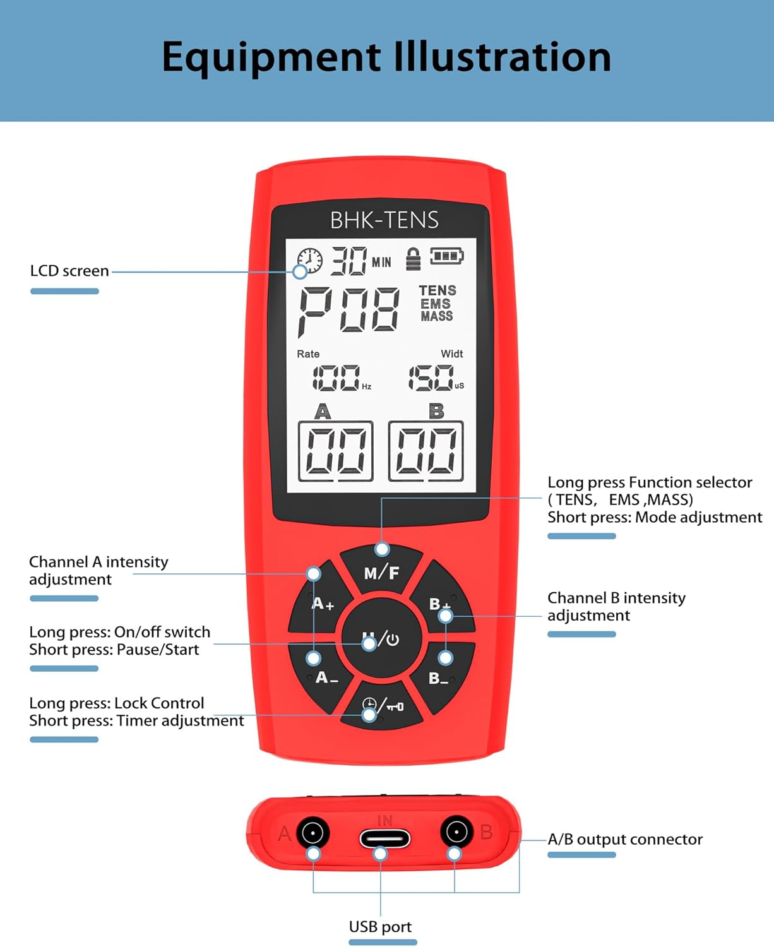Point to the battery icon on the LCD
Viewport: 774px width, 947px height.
click(446, 256)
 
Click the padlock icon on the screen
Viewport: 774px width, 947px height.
click(413, 259)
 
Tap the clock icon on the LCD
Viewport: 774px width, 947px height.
click(309, 260)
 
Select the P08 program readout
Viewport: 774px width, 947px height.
click(348, 309)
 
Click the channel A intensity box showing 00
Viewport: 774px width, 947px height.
click(335, 451)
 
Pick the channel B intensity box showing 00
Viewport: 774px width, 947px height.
click(426, 451)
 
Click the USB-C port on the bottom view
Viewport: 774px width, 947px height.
click(384, 838)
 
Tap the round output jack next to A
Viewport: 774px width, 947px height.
click(313, 833)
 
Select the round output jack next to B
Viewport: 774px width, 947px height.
click(456, 832)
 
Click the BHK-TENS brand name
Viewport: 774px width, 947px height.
click(384, 220)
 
